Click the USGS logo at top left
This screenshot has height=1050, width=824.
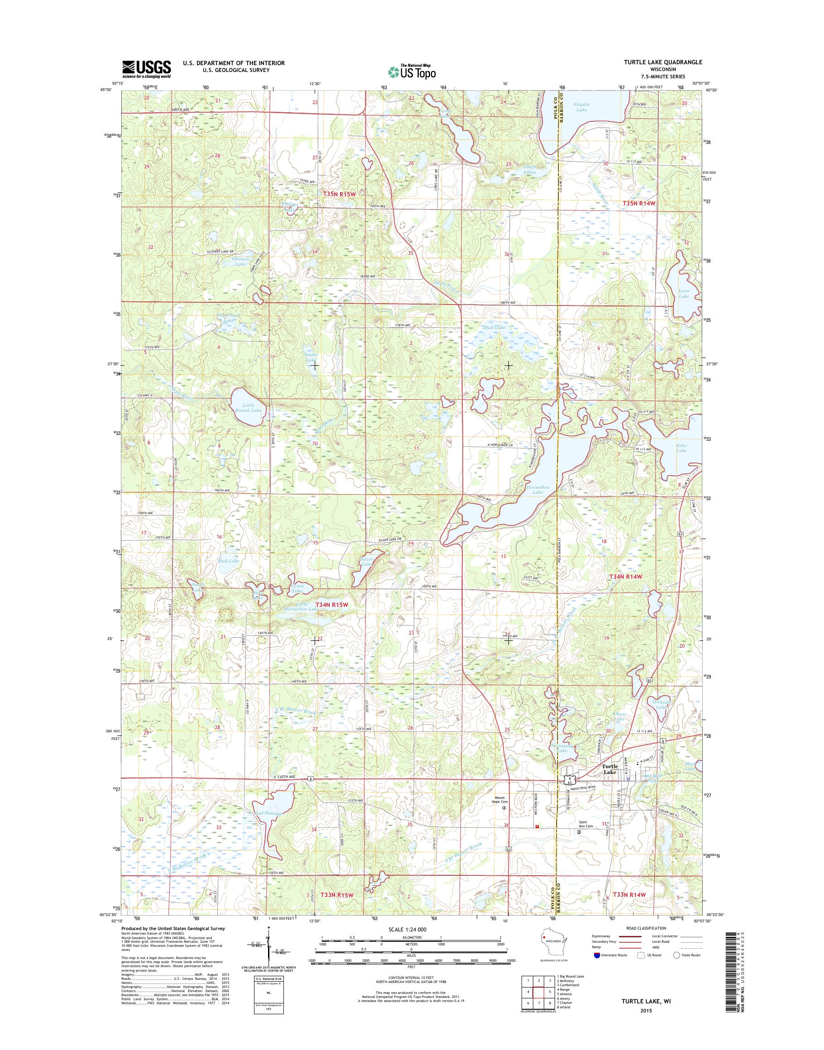147,69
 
